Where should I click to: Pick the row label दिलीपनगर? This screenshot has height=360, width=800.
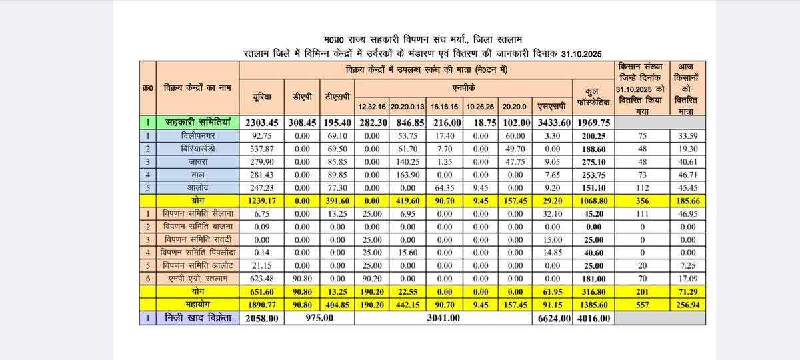197,135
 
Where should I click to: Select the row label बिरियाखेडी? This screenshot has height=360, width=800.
197,148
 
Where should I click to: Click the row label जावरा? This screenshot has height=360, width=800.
197,161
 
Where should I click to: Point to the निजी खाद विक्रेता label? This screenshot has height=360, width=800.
197,319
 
